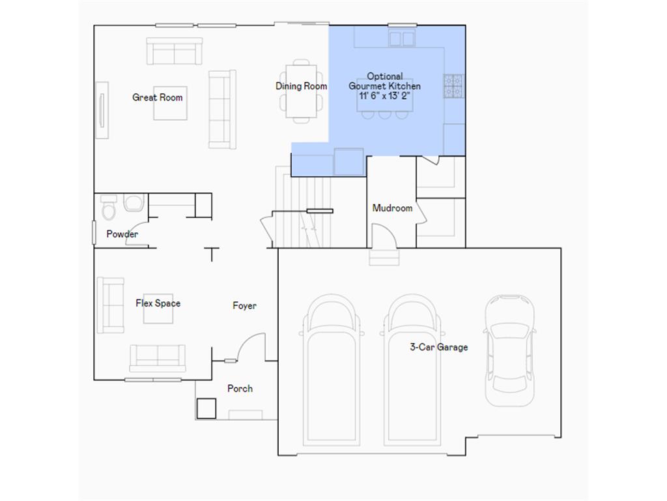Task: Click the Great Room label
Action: (158, 98)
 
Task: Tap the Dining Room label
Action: (301, 86)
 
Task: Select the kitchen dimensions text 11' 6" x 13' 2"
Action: (384, 95)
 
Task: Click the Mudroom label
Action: (392, 208)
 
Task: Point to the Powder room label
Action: (122, 234)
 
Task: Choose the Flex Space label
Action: (158, 303)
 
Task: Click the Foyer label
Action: (245, 305)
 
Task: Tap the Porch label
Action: (240, 389)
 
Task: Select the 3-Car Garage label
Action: (438, 347)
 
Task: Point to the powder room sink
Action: (133, 203)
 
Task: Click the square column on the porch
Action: (206, 408)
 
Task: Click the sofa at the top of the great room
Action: (174, 52)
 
